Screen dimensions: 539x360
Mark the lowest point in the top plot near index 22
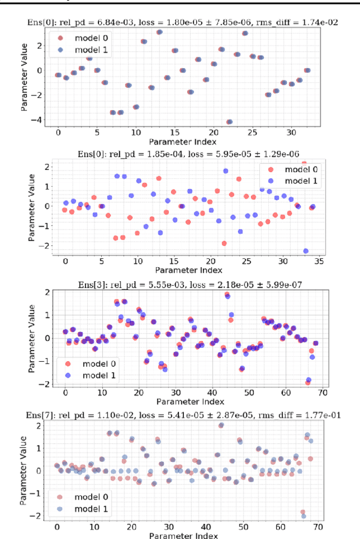(229, 122)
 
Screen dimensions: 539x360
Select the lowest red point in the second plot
(224, 243)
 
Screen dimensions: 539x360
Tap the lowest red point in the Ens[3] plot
(308, 383)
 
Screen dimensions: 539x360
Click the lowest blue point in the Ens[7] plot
(304, 516)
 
